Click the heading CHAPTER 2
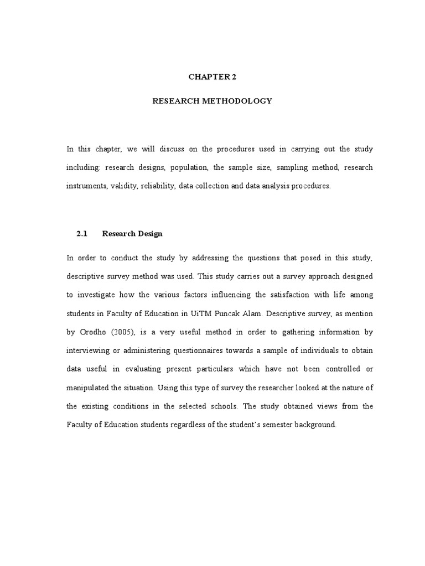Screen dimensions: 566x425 click(212, 77)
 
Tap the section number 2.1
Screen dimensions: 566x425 click(82, 234)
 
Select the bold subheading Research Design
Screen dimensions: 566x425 click(132, 234)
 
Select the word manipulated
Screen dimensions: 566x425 click(88, 387)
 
